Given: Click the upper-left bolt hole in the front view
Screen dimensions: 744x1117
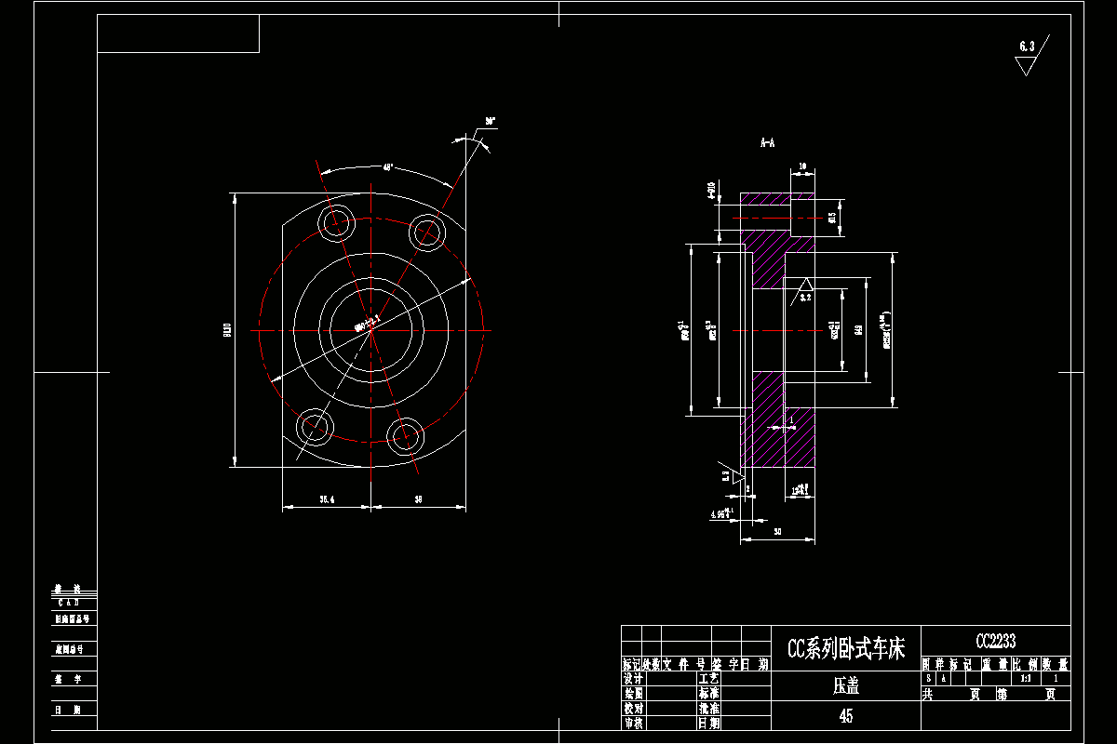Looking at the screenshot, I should click(x=335, y=221).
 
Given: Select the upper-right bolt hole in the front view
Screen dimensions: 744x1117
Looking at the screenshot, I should click(x=427, y=230).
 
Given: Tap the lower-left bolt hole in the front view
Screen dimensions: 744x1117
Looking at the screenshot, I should click(x=316, y=428).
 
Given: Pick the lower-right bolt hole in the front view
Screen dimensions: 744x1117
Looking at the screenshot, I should click(x=407, y=435).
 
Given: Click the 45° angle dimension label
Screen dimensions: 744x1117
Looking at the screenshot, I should click(x=387, y=167).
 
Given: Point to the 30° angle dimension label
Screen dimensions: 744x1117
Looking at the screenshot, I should click(x=490, y=122).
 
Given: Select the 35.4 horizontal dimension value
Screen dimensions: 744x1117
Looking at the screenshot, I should click(x=327, y=500).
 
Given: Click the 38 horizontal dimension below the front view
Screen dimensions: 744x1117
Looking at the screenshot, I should click(x=418, y=500).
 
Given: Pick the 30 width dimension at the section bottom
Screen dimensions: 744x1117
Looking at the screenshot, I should click(x=776, y=532).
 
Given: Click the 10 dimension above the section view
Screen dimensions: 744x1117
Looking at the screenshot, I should click(x=802, y=166).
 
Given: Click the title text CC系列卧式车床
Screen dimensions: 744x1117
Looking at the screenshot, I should click(x=845, y=649).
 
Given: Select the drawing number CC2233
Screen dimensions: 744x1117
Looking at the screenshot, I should click(x=995, y=641).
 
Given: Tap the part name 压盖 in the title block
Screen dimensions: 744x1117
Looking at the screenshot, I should click(x=845, y=687).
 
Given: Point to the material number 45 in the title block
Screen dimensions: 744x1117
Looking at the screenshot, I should click(x=845, y=716).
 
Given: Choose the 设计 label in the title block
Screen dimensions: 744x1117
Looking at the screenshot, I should click(x=633, y=679).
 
